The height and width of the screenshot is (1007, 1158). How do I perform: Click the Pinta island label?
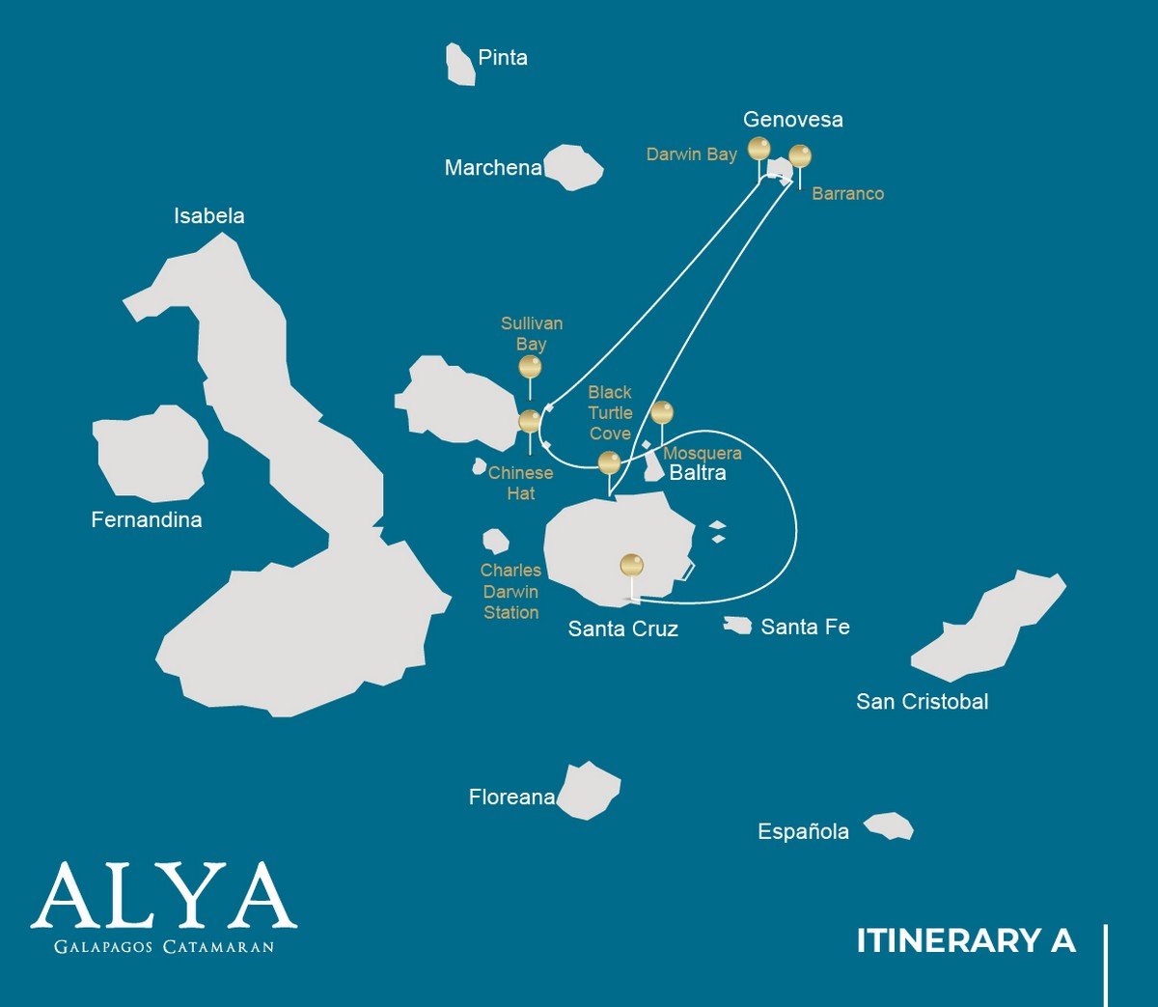pos(503,58)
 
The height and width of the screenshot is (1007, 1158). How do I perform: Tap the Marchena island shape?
pos(574,167)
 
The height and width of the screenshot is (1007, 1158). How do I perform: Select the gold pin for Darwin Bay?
pos(759,149)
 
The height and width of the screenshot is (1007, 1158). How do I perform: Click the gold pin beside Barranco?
pos(800,155)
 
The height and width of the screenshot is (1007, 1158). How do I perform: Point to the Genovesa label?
pos(792,120)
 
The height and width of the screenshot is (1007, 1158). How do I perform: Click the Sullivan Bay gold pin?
pos(530,366)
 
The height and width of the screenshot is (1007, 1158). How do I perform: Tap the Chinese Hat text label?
pos(520,483)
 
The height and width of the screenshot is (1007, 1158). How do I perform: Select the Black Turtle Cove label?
pos(610,412)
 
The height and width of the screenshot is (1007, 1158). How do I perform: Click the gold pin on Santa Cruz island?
pos(631,565)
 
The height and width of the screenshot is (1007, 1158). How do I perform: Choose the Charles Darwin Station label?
pos(510,591)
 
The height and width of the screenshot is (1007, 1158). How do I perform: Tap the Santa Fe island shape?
pos(738,626)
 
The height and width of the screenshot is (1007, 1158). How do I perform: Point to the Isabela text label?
pos(208,216)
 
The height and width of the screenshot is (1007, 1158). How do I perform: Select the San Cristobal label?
pos(922,702)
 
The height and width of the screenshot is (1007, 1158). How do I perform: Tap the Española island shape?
pos(889,826)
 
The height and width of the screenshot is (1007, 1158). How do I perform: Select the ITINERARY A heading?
pos(965,940)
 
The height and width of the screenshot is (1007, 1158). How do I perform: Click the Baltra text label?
pos(698,473)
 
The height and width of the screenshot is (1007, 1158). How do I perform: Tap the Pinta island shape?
pos(460,65)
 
